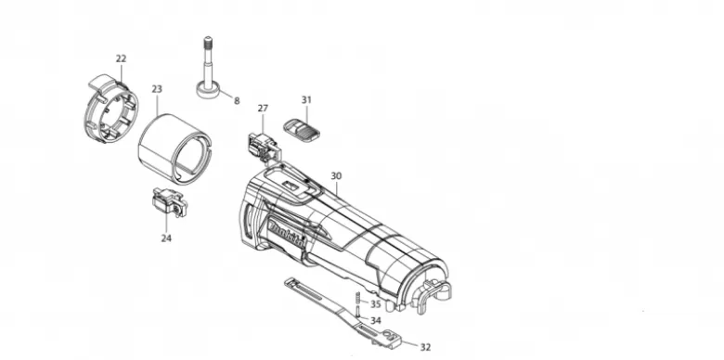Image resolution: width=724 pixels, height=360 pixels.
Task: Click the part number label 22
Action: click(121, 58)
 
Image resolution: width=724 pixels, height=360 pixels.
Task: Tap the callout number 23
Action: click(157, 89)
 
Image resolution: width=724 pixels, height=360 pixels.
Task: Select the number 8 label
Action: click(237, 100)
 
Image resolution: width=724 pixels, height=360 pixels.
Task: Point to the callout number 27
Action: click(263, 108)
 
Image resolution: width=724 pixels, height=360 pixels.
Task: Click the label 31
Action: click(306, 99)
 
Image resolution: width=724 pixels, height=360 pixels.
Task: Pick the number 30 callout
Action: click(336, 176)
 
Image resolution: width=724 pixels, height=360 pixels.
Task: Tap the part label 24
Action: click(166, 238)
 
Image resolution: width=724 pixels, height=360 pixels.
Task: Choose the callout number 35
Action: click(376, 304)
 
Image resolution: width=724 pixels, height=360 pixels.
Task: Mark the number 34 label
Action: click(376, 320)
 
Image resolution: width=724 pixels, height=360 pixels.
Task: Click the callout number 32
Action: click(425, 347)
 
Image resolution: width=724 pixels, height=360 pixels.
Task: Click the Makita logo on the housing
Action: click(287, 235)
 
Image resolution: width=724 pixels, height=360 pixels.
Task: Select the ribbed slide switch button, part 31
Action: click(302, 127)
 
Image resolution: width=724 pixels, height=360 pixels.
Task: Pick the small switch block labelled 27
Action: click(264, 147)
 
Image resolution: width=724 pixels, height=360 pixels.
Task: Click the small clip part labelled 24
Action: click(169, 202)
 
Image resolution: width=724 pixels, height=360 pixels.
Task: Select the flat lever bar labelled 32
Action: click(343, 313)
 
